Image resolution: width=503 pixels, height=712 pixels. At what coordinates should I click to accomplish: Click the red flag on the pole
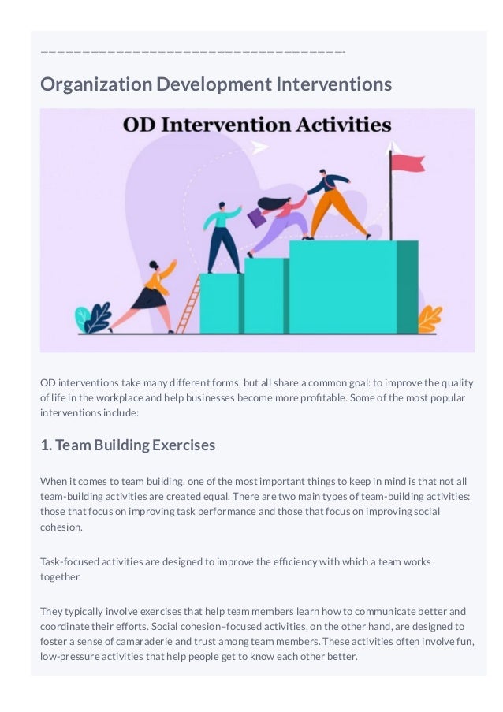click(x=408, y=162)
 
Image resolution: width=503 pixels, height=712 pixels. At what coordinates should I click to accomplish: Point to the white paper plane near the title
click(x=259, y=147)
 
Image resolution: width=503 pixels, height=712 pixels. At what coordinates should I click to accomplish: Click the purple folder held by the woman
click(x=257, y=217)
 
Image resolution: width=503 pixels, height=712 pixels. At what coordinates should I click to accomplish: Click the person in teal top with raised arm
click(x=222, y=237)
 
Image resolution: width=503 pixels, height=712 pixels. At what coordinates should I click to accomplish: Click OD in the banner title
click(x=138, y=125)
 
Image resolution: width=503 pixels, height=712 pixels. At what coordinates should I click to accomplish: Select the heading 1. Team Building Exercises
click(x=128, y=445)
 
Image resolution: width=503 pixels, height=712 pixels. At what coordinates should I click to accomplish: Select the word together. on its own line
click(x=61, y=576)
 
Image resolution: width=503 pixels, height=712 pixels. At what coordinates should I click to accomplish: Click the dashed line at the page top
click(x=193, y=52)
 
